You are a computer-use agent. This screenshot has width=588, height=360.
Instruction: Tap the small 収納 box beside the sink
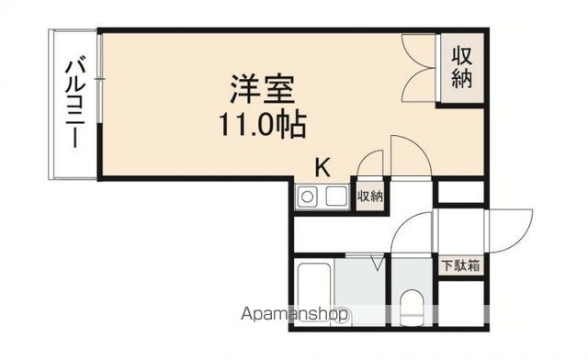point(369,197)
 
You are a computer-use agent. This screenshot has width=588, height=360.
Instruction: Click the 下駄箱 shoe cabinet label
point(458,266)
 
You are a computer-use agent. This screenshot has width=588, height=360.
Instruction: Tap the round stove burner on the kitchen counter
point(307,196)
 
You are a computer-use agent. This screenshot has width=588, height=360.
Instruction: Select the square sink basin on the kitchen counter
point(335,196)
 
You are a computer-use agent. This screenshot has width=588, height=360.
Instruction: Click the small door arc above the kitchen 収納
point(369,163)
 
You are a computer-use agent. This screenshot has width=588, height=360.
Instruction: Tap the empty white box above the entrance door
point(460,194)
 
